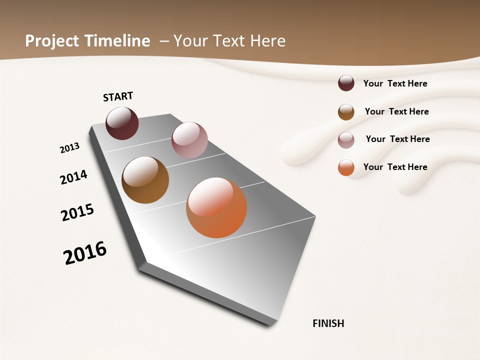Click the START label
tap(118, 96)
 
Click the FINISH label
tap(328, 323)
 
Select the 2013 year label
tap(69, 148)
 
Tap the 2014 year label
tap(73, 177)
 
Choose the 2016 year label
tap(85, 253)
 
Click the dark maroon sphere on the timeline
tap(122, 123)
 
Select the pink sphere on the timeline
tap(189, 140)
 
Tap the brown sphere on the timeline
tap(145, 180)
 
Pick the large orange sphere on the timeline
tap(216, 207)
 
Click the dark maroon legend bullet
tap(346, 83)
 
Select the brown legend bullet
tap(346, 112)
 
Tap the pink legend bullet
tap(346, 140)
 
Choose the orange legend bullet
tap(346, 167)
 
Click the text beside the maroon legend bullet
tap(395, 83)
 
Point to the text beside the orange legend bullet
tap(395, 167)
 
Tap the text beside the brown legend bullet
tap(396, 111)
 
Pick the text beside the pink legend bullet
tap(397, 139)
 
